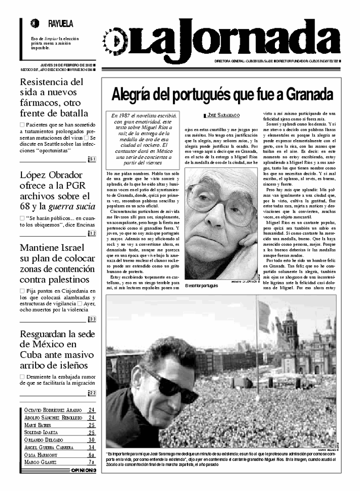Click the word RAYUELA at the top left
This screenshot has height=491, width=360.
(60, 24)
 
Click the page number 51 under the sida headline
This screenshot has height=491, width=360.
(91, 159)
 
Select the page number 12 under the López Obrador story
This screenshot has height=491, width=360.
(91, 233)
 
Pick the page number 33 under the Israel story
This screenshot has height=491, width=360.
(91, 319)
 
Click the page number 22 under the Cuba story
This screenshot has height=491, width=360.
(91, 393)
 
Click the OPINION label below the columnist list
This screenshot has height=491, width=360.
(84, 470)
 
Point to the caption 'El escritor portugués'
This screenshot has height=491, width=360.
(202, 286)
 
